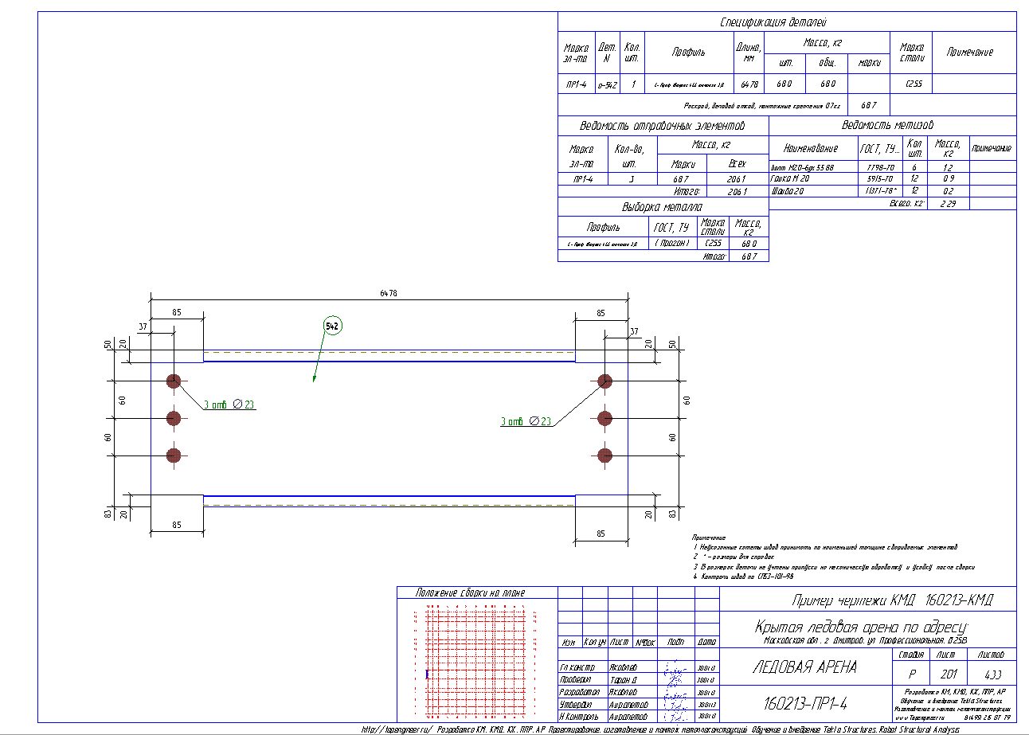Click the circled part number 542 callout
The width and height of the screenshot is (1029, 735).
(x=332, y=326)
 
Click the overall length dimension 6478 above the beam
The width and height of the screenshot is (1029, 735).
(x=389, y=293)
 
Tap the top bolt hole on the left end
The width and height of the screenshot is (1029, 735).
(x=174, y=381)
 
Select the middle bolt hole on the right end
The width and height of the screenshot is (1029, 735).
(x=604, y=418)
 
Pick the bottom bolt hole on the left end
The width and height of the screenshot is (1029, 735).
(x=174, y=455)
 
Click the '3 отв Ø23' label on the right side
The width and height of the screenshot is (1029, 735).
(x=526, y=421)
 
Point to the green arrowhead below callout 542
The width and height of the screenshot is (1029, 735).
(x=315, y=380)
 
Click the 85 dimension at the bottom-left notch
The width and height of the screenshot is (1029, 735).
(x=176, y=525)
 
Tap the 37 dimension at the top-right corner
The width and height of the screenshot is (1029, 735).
(x=634, y=331)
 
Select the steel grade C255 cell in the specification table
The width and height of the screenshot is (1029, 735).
(x=910, y=84)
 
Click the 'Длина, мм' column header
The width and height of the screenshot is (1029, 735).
(x=749, y=52)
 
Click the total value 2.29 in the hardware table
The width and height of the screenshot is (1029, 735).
(x=948, y=204)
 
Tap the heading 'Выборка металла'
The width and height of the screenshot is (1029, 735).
(x=663, y=208)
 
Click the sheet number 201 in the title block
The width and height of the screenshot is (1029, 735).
(x=946, y=673)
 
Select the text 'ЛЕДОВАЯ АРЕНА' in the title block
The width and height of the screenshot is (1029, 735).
(x=804, y=667)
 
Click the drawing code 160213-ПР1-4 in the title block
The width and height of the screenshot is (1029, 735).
(x=804, y=704)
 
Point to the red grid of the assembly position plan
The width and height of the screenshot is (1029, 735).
(x=476, y=661)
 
